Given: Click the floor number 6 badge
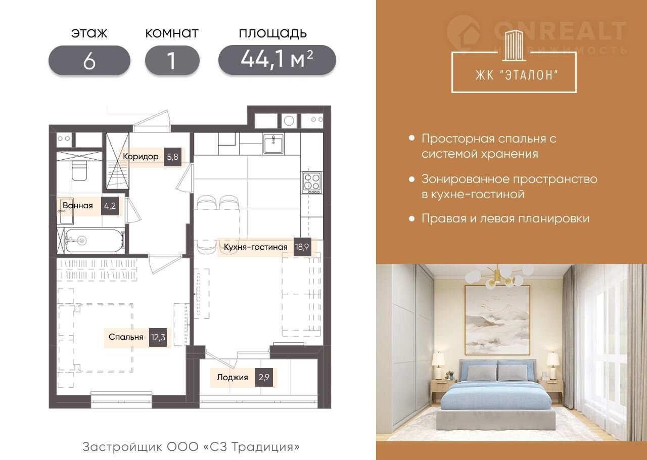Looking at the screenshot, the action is pyautogui.click(x=89, y=60).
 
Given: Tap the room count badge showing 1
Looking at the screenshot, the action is pyautogui.click(x=172, y=60).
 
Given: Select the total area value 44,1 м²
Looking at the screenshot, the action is pyautogui.click(x=277, y=60).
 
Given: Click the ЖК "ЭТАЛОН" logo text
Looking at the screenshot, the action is pyautogui.click(x=517, y=75).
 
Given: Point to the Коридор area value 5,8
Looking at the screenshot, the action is pyautogui.click(x=172, y=157).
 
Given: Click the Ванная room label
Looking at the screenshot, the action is pyautogui.click(x=78, y=205).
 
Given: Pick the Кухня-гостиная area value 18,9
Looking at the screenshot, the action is pyautogui.click(x=302, y=247).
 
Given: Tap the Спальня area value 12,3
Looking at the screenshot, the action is pyautogui.click(x=158, y=337).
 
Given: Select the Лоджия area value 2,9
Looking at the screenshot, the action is pyautogui.click(x=264, y=377).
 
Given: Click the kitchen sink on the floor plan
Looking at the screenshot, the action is pyautogui.click(x=273, y=144).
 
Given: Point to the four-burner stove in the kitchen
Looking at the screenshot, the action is pyautogui.click(x=312, y=182).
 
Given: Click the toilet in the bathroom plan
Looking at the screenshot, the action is pyautogui.click(x=79, y=170).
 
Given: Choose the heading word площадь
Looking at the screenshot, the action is pyautogui.click(x=272, y=33).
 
